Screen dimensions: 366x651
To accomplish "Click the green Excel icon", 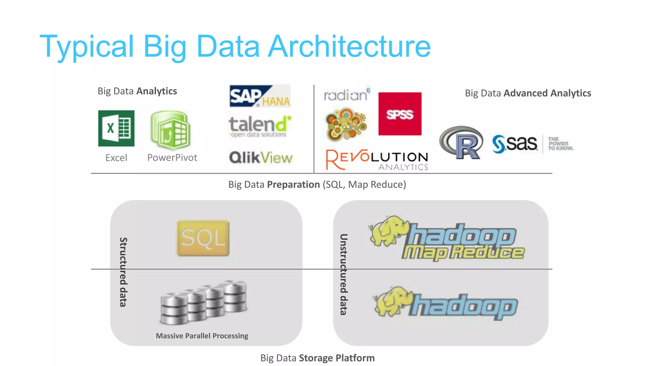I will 116,128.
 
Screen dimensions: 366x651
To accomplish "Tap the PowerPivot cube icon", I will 171,130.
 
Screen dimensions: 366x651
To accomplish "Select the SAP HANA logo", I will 260,96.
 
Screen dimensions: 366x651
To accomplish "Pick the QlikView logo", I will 261,158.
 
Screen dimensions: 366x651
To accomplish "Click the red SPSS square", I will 400,114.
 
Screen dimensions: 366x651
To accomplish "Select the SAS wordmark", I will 515,144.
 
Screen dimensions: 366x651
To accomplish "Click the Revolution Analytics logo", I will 377,159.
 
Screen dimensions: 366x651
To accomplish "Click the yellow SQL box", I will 203,238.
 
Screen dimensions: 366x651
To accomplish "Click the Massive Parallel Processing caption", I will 202,336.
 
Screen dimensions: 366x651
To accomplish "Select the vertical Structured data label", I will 123,272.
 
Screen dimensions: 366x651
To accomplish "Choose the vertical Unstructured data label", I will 344,274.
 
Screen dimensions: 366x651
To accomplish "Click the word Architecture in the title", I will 349,46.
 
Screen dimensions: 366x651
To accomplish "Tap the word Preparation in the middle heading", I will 293,185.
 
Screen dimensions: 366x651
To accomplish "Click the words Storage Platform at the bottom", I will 337,358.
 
